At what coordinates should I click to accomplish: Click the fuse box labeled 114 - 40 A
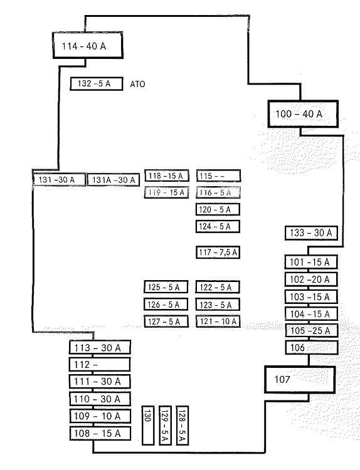coord(88,45)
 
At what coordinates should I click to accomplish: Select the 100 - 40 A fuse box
coord(303,114)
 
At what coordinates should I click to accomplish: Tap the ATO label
coord(137,84)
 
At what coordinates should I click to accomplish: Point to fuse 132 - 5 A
coord(97,83)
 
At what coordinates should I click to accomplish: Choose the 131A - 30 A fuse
coord(114,180)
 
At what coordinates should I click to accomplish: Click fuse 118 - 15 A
coord(166,175)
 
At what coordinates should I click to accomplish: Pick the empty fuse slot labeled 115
coord(218,176)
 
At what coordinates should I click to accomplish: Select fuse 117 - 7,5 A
coord(218,252)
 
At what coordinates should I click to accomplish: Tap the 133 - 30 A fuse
coord(311,233)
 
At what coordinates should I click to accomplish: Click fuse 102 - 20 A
coord(311,279)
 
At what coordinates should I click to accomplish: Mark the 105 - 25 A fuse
coord(312,331)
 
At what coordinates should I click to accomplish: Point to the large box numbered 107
coord(300,380)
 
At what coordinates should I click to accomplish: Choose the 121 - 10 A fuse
coord(218,321)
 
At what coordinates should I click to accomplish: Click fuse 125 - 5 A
coord(166,287)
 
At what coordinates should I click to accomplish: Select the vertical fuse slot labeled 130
coord(148,426)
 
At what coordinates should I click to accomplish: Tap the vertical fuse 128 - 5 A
coord(182,426)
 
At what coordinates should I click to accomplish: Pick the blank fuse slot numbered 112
coord(100,365)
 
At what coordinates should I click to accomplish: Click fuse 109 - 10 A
coord(100,416)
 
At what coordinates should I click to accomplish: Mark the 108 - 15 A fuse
coord(100,434)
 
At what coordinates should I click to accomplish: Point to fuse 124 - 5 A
coord(218,226)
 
